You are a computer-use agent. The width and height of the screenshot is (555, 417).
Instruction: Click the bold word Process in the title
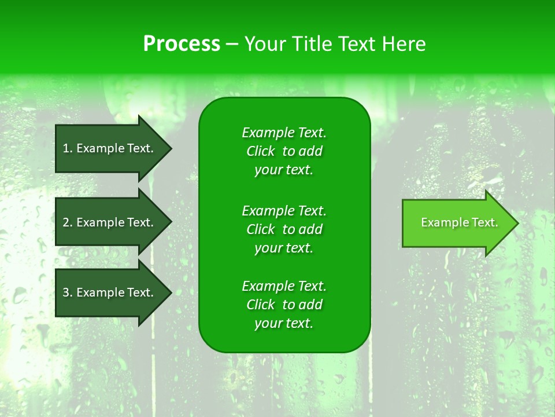point(182,44)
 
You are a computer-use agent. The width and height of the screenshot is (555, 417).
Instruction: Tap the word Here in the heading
point(404,44)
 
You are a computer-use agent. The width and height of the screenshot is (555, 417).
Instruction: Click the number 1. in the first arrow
point(68,148)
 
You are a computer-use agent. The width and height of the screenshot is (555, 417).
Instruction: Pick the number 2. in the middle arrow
point(68,222)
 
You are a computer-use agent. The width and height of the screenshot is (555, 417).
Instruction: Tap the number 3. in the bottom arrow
point(68,292)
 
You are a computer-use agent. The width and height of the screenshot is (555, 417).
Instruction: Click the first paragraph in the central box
point(284,151)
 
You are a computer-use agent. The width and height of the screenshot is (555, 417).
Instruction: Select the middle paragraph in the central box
point(284,229)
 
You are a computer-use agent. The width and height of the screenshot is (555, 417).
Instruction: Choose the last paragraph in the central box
point(284,305)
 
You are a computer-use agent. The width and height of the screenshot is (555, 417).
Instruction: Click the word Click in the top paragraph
point(261,151)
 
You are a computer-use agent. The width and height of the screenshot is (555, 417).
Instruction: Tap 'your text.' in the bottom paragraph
point(284,324)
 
